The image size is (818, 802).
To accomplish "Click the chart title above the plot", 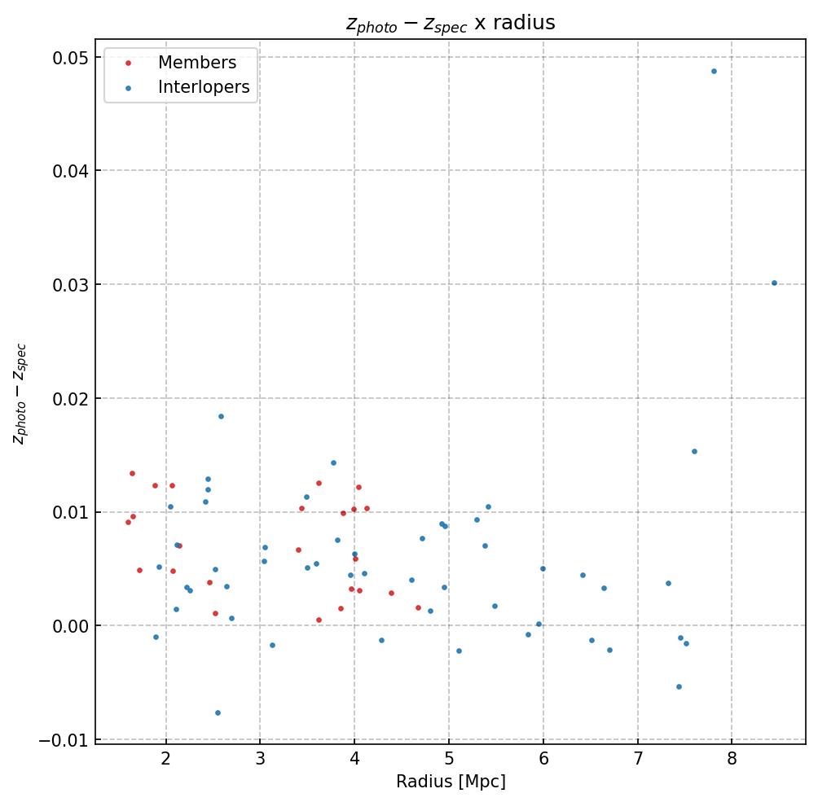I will coord(451,24).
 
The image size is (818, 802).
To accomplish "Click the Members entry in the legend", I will coord(196,63).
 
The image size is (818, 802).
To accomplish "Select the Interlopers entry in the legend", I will coord(204,87).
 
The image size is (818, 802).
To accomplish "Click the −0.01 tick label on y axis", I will coord(63,740).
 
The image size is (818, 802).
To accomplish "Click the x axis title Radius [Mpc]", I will coord(451,782).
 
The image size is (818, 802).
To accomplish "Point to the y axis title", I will coord(20,394).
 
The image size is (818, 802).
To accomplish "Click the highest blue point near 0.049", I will coord(714,71).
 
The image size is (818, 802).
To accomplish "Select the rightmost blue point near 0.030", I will coord(774,283).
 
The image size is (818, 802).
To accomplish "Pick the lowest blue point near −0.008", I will coord(218,712).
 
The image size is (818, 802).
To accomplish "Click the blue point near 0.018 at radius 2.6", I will coord(221,416).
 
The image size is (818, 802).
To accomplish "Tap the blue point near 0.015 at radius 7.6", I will coord(694,451).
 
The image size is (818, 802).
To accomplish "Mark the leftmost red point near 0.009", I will coord(128,522).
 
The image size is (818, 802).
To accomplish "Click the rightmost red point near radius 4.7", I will coord(418,607).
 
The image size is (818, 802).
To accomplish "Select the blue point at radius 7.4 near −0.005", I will coord(679,686).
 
